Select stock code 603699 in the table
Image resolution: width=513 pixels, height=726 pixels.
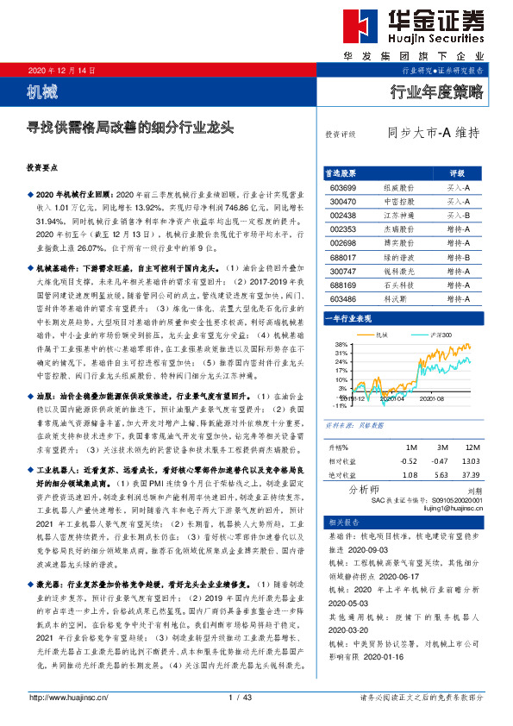pos(343,187)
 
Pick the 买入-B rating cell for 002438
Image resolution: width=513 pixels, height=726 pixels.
pos(458,214)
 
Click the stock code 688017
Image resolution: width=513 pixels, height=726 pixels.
pos(343,255)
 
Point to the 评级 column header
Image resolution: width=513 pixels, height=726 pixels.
pos(458,172)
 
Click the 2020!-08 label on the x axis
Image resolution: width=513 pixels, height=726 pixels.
pos(432,399)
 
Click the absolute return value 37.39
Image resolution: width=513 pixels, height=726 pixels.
pos(471,474)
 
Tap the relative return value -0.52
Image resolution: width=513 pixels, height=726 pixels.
pos(410,462)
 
